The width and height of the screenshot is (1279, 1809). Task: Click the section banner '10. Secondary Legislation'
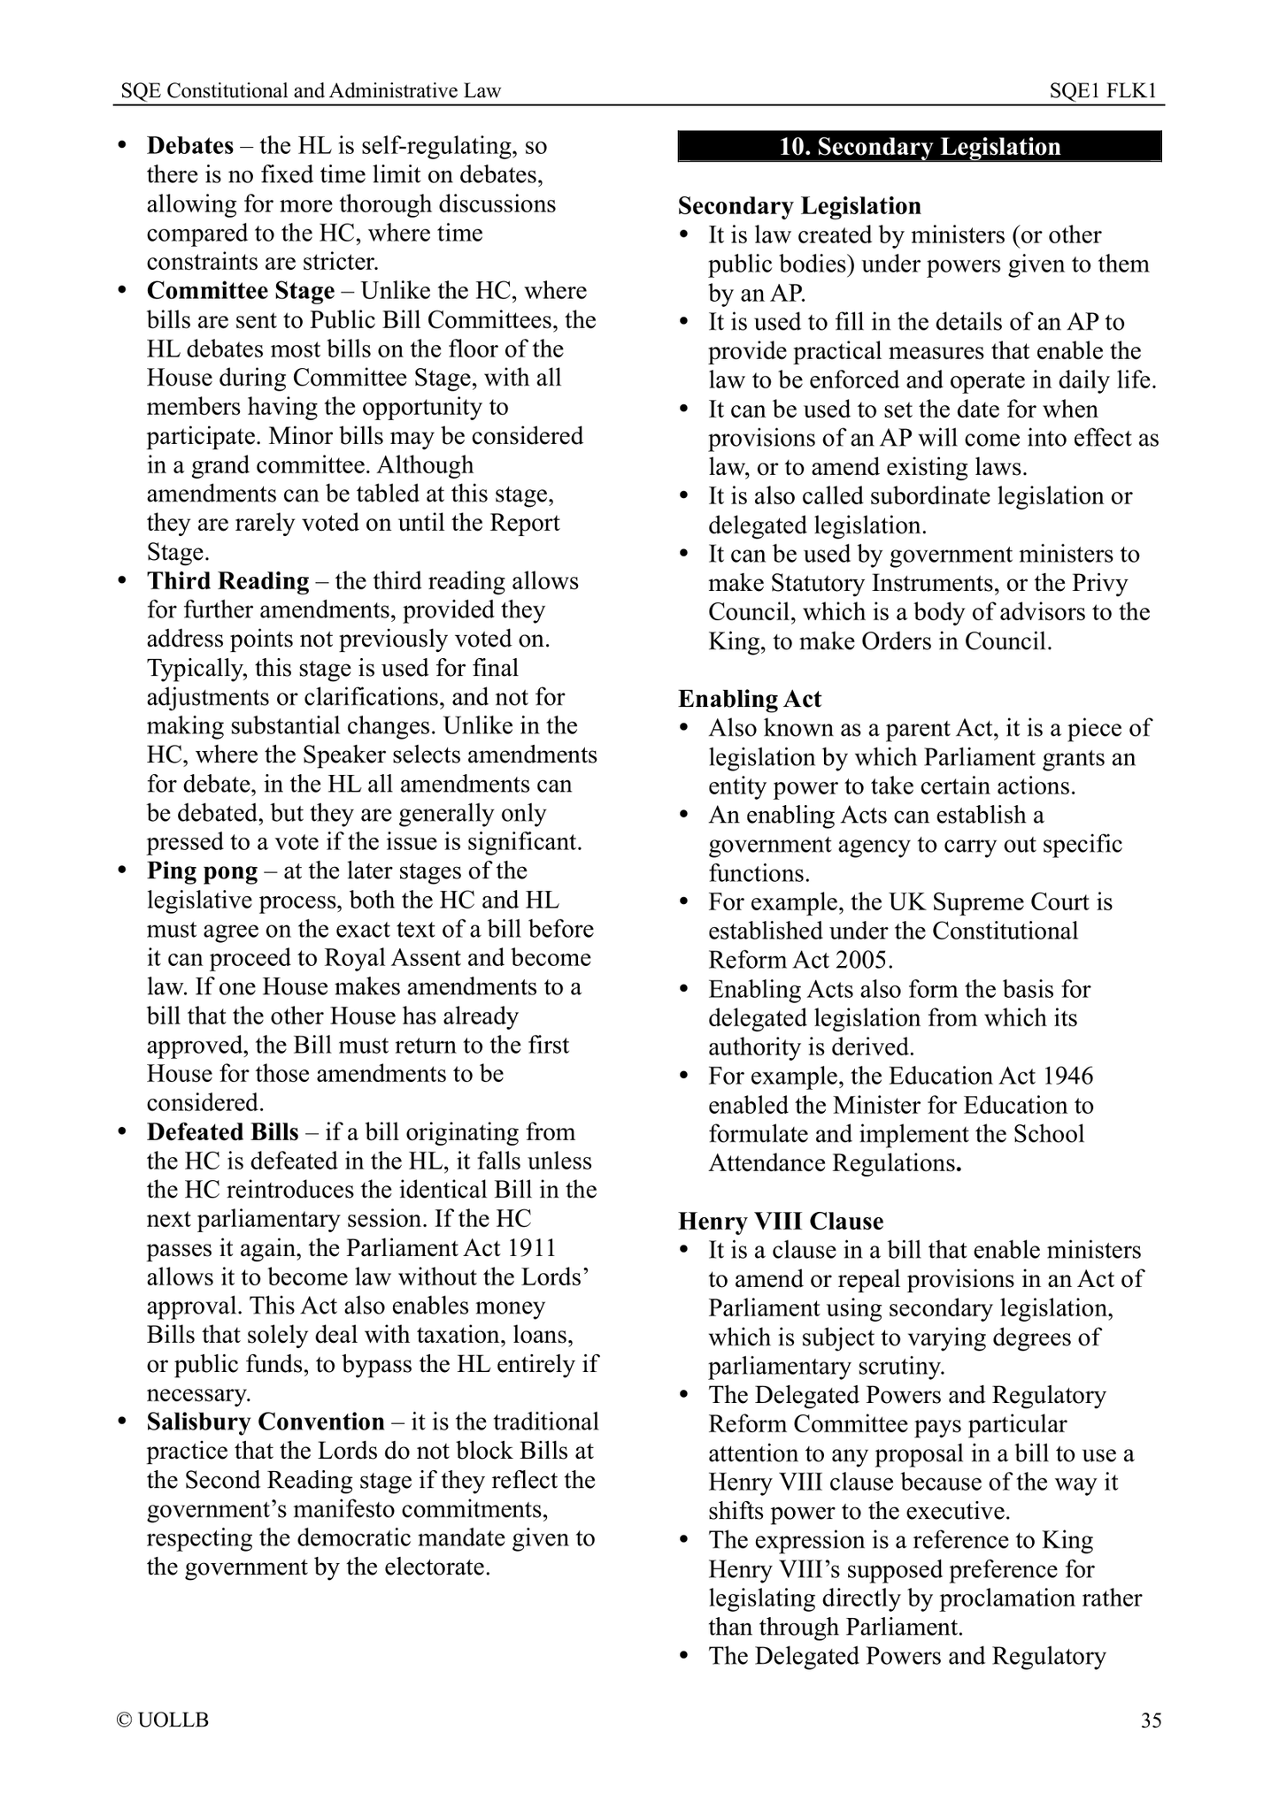(x=920, y=147)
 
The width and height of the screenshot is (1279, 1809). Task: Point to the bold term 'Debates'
(x=190, y=145)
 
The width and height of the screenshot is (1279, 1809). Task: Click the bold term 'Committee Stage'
(x=241, y=291)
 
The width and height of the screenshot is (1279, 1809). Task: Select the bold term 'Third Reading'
(x=228, y=581)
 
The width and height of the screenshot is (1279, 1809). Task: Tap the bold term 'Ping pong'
(x=203, y=871)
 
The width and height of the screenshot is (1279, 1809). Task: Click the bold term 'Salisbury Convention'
(x=266, y=1422)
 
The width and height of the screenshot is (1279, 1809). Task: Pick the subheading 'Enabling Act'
(x=750, y=699)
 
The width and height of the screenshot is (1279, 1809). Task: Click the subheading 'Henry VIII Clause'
(x=781, y=1222)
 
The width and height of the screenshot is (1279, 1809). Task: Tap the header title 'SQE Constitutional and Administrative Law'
(x=311, y=90)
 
